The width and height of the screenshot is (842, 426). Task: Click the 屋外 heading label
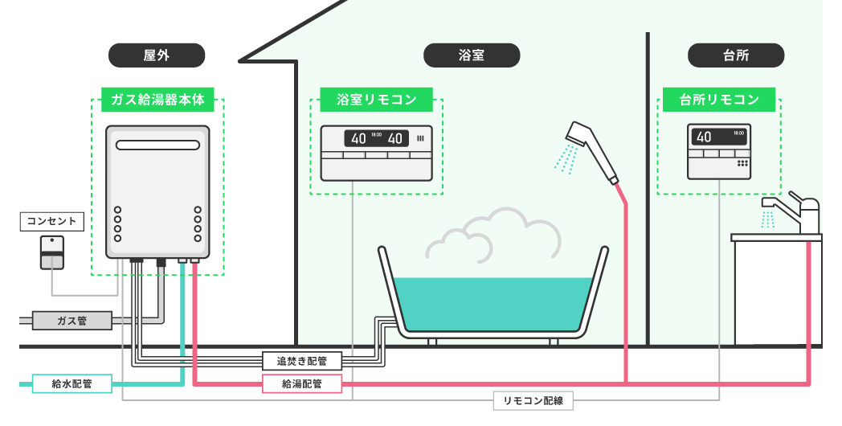pyautogui.click(x=157, y=55)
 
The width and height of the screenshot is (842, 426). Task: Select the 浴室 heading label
pyautogui.click(x=472, y=55)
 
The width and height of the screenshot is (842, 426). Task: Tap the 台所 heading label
pyautogui.click(x=736, y=55)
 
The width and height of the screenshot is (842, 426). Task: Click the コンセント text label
pyautogui.click(x=51, y=220)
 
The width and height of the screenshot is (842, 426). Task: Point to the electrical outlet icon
pyautogui.click(x=51, y=252)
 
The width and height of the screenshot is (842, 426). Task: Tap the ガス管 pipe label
pyautogui.click(x=72, y=321)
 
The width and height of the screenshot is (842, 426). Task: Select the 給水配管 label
pyautogui.click(x=72, y=383)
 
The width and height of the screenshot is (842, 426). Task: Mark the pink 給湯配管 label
pyautogui.click(x=302, y=383)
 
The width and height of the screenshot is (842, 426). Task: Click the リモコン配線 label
pyautogui.click(x=533, y=400)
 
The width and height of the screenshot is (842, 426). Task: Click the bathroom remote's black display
pyautogui.click(x=376, y=138)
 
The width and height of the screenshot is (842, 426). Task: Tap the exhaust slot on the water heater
pyautogui.click(x=157, y=145)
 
